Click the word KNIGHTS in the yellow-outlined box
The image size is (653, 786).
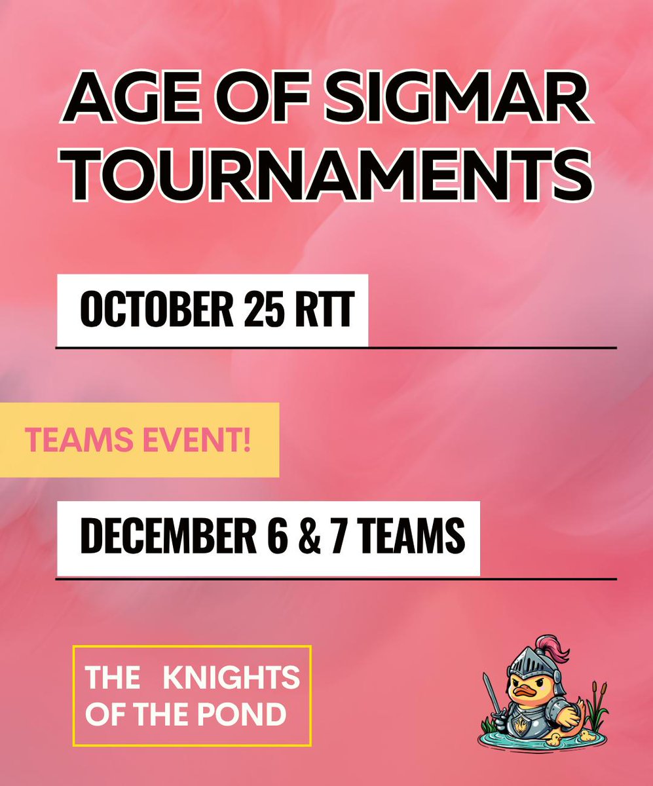pos(231,678)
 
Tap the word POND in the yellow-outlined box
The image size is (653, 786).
pos(252,714)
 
